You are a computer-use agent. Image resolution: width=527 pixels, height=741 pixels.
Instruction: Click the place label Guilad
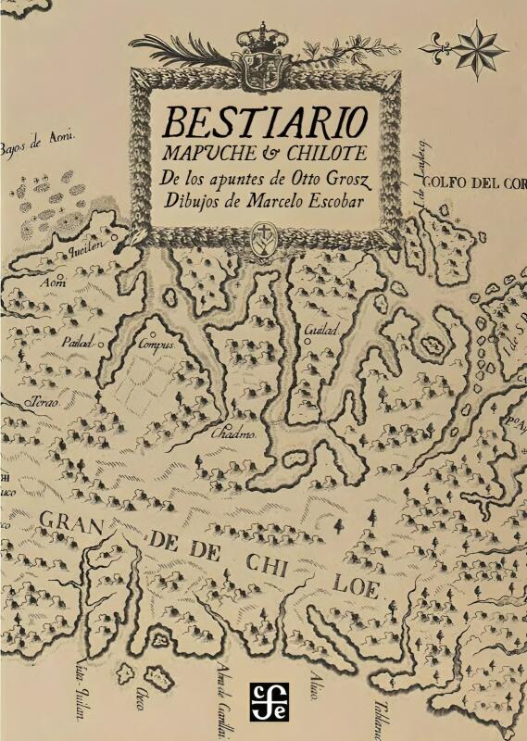click(x=315, y=330)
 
